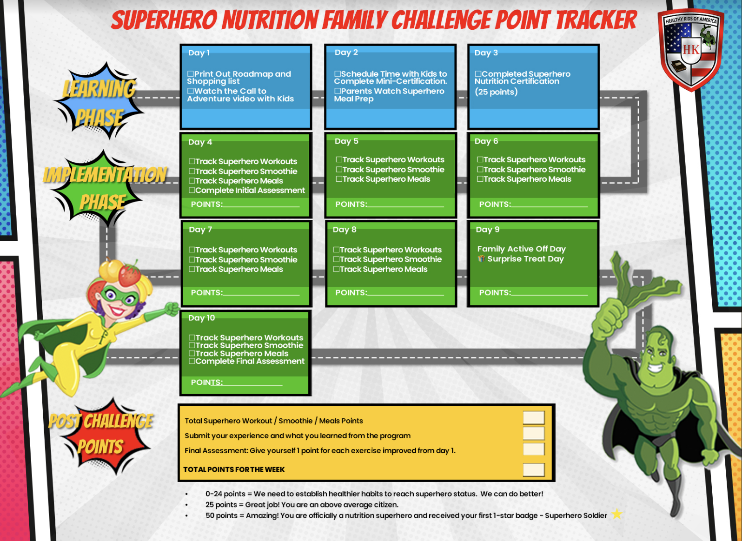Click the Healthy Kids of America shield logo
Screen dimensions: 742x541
point(691,49)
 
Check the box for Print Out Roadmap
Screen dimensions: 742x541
point(191,74)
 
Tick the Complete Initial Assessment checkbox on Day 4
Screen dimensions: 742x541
point(192,190)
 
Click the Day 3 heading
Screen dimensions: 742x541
point(486,53)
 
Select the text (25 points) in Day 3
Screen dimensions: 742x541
point(496,92)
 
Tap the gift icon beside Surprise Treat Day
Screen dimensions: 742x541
point(481,258)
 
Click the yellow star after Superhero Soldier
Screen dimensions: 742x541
point(617,514)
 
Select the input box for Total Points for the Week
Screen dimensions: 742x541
point(534,469)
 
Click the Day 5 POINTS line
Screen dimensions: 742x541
point(405,206)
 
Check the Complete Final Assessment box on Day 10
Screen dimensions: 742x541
point(192,361)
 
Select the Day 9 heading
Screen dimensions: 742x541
point(487,230)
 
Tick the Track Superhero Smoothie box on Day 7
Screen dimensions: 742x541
point(192,259)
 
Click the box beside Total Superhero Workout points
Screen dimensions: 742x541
point(534,418)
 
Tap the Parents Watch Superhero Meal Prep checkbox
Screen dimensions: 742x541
point(338,91)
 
